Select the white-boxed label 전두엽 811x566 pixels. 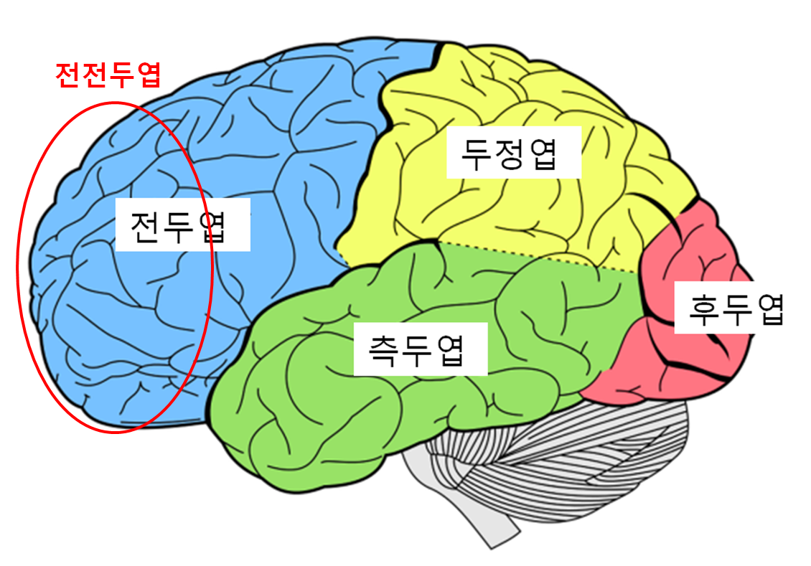click(182, 225)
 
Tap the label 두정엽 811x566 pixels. click(512, 152)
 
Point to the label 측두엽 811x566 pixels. click(421, 349)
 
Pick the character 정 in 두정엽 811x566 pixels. click(512, 152)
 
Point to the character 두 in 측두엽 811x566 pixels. click(421, 349)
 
